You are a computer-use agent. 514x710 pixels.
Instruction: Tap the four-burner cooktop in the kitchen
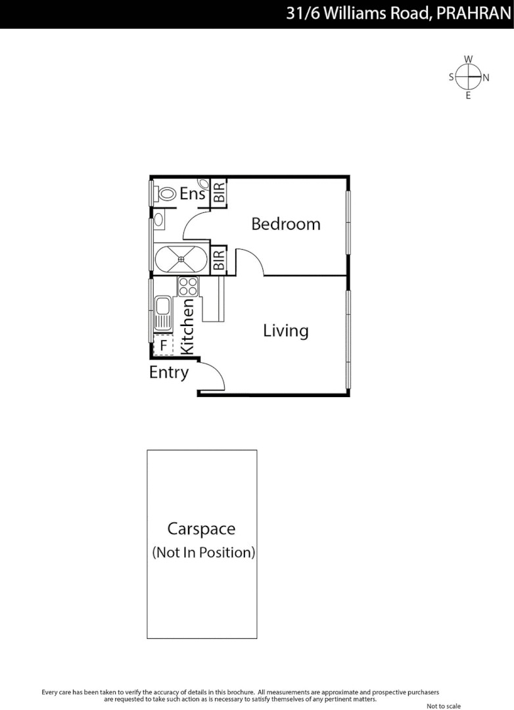point(188,287)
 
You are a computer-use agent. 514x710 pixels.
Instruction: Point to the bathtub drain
point(181,258)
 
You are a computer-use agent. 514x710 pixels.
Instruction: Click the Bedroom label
point(286,224)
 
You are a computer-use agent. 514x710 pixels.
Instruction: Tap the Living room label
point(286,330)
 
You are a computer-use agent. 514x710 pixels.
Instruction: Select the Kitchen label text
point(187,327)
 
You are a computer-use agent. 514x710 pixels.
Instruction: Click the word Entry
point(169,373)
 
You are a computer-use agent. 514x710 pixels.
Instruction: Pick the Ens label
point(193,194)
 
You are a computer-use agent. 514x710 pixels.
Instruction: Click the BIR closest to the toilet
point(220,193)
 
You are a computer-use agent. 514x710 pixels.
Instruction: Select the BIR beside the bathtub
point(220,260)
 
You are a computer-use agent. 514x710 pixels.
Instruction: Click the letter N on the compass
point(486,78)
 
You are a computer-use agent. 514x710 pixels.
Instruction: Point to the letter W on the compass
point(468,59)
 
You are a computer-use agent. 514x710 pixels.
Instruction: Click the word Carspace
point(201,529)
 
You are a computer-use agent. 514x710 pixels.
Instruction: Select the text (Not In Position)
point(203,552)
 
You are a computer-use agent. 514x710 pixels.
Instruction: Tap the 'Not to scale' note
point(444,706)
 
